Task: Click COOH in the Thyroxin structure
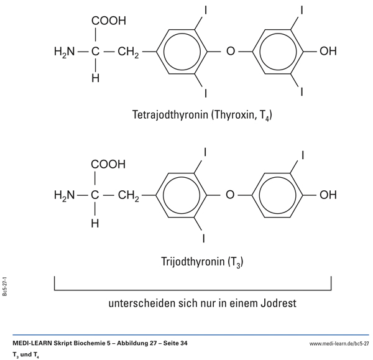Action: (108, 21)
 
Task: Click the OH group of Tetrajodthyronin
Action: (328, 52)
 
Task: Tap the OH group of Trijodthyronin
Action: (328, 195)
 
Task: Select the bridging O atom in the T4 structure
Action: (231, 52)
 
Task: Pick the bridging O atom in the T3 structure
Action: (231, 195)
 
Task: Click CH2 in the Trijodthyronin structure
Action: (128, 196)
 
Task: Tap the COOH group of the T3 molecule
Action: (108, 165)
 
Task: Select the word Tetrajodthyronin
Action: (168, 115)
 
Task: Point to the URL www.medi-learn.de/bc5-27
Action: (339, 343)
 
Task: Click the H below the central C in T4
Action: (95, 79)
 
